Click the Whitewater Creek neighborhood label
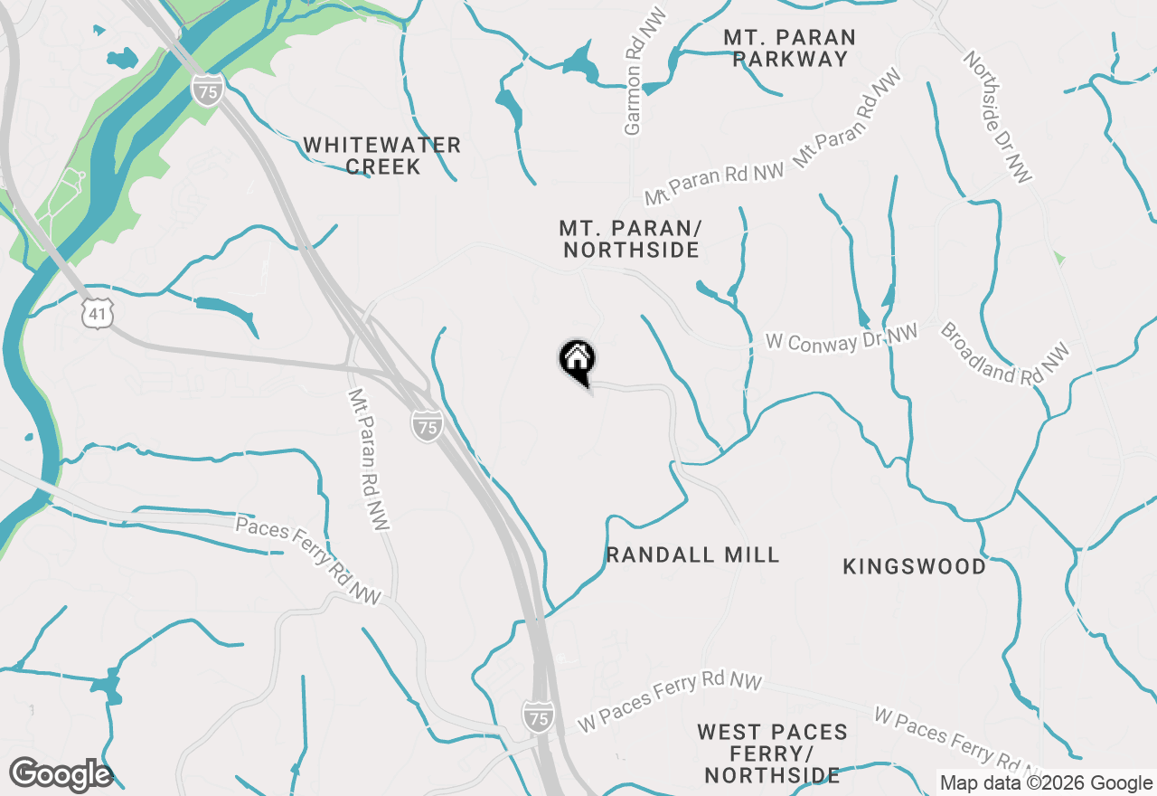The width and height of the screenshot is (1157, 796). click(x=381, y=156)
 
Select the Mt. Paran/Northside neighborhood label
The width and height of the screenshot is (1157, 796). click(x=630, y=239)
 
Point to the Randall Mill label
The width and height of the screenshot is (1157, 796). click(x=692, y=554)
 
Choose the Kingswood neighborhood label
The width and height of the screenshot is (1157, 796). click(x=914, y=566)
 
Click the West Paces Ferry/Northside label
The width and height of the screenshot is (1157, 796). click(x=772, y=753)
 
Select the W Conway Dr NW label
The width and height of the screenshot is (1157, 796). click(x=842, y=338)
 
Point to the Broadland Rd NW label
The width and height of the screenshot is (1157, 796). click(x=1004, y=353)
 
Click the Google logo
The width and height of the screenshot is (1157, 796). click(x=61, y=775)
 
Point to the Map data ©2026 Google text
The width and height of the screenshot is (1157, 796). click(x=1046, y=783)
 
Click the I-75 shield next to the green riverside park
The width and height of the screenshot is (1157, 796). click(x=207, y=91)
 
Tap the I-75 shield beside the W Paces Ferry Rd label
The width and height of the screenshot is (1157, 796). click(x=537, y=716)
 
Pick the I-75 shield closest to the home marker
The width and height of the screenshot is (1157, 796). click(x=426, y=425)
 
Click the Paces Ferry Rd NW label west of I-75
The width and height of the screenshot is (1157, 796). click(x=308, y=560)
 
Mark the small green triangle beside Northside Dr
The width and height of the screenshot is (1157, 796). click(x=1058, y=259)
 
